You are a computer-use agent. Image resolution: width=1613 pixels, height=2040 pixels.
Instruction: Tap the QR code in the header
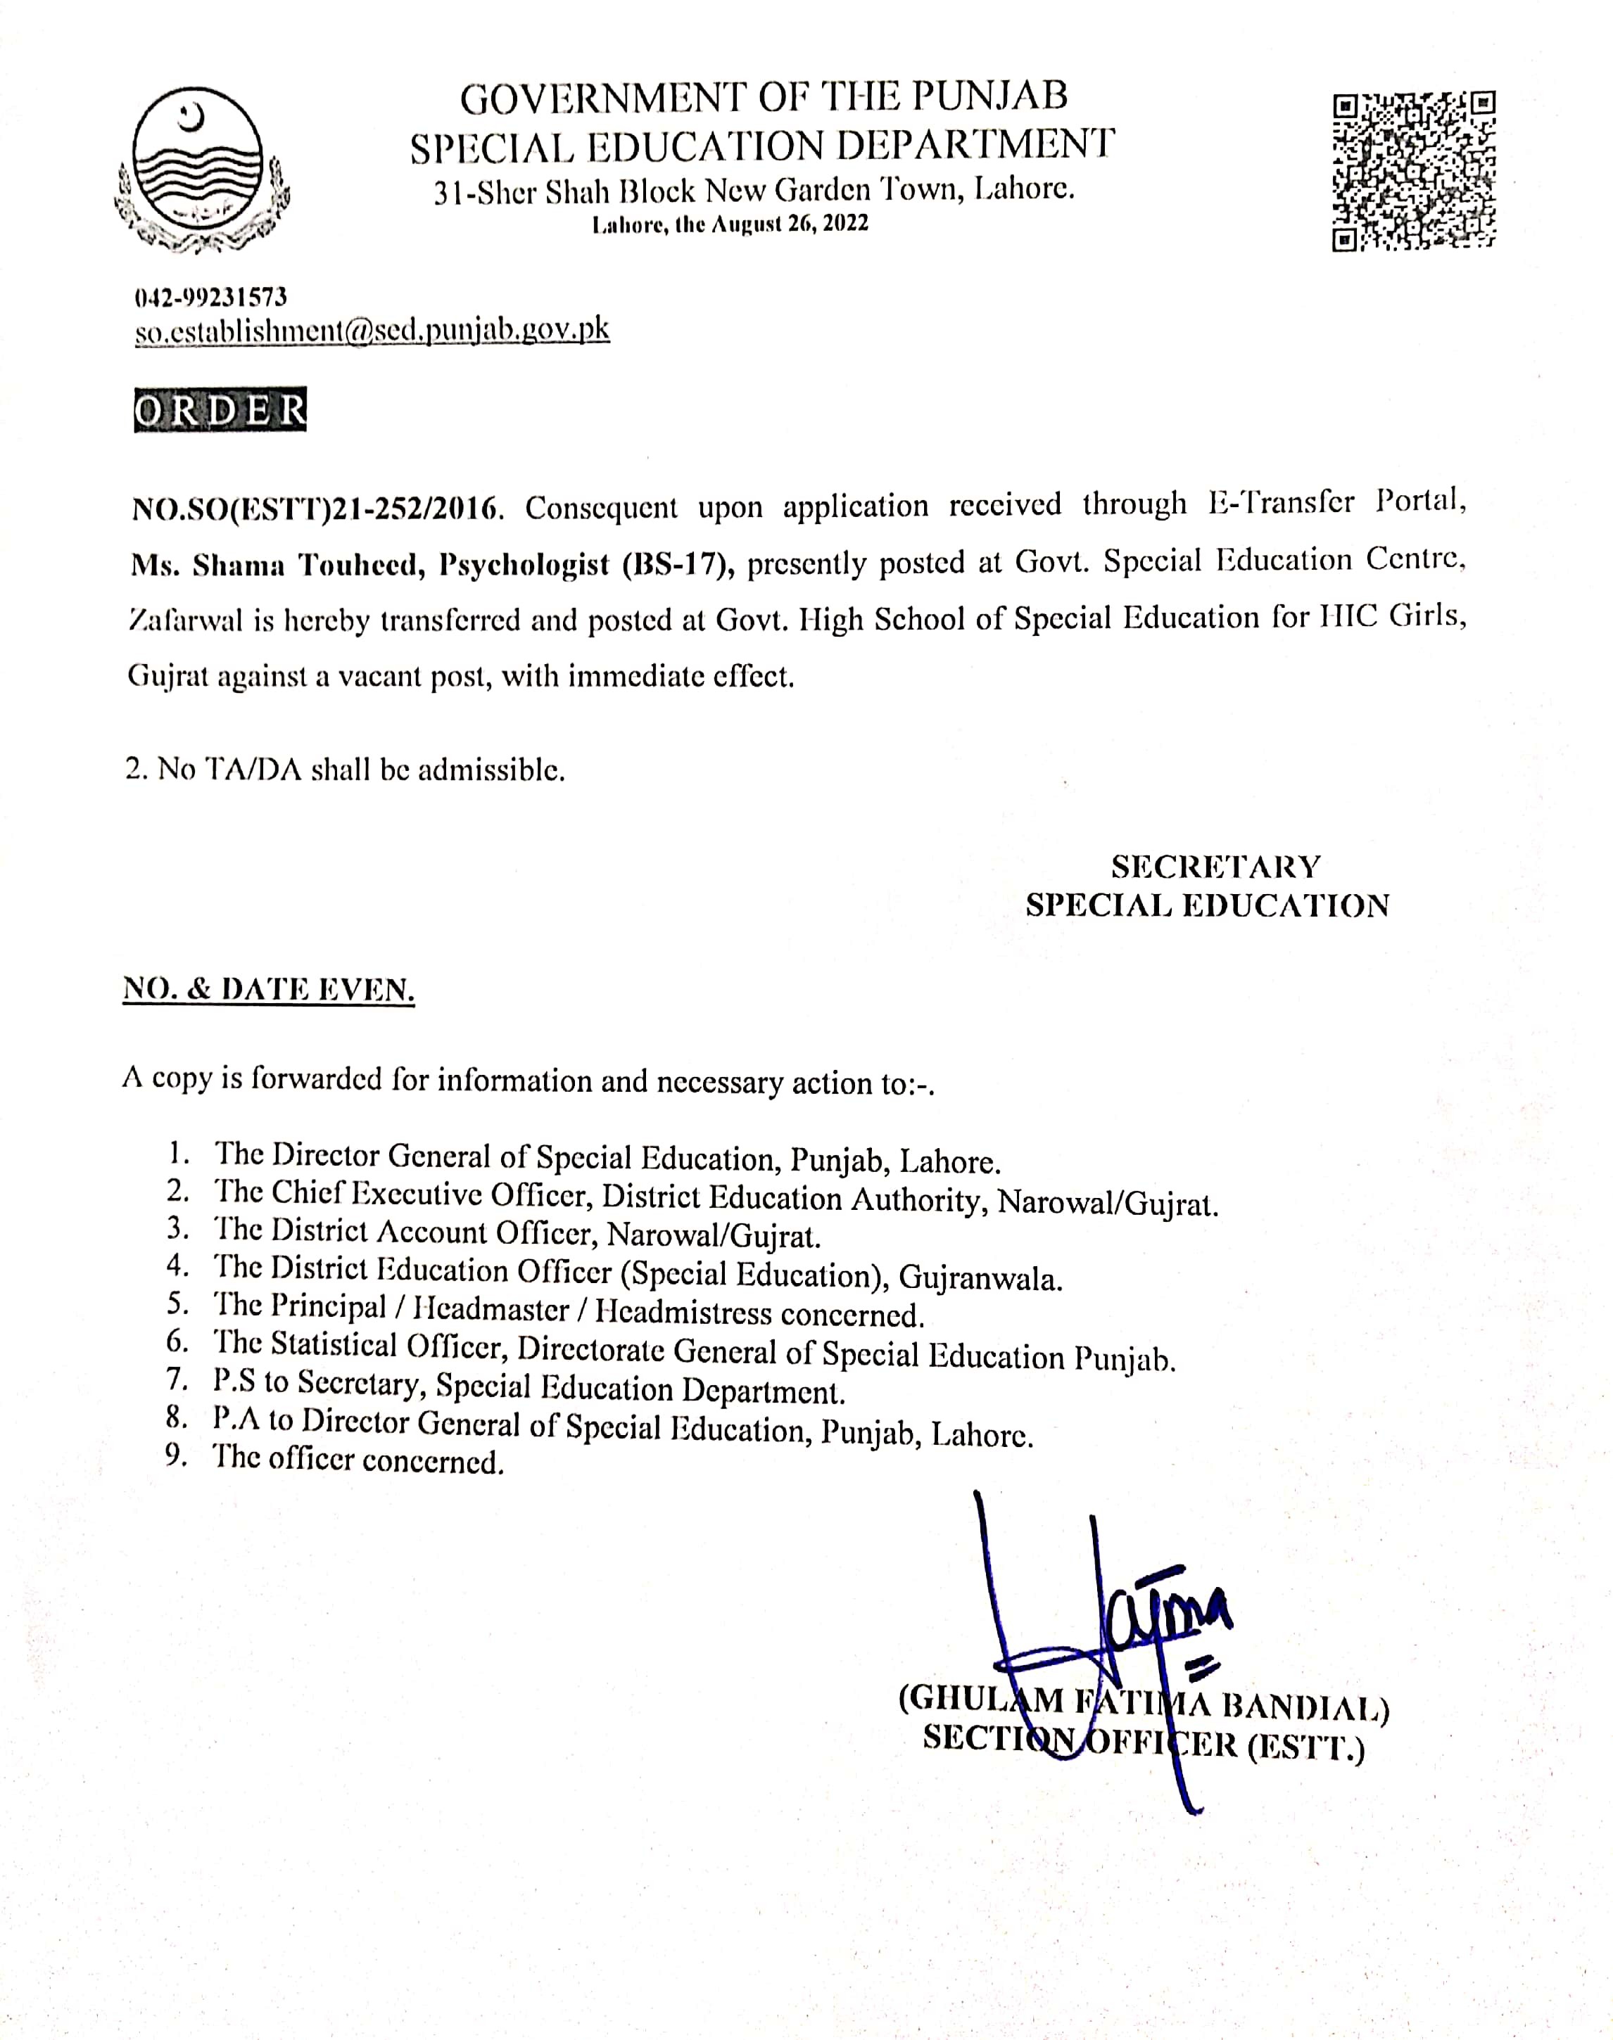pyautogui.click(x=1414, y=171)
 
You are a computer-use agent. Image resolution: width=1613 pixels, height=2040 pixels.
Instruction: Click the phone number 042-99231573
pyautogui.click(x=210, y=298)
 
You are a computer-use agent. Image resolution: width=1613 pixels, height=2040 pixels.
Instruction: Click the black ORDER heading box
pyautogui.click(x=220, y=409)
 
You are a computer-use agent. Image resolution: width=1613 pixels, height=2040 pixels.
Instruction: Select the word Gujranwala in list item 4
pyautogui.click(x=980, y=1278)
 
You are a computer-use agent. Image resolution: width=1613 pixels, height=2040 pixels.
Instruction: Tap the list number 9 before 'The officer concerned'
pyautogui.click(x=176, y=1455)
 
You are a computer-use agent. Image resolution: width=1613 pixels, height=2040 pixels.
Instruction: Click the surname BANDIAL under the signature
pyautogui.click(x=1304, y=1707)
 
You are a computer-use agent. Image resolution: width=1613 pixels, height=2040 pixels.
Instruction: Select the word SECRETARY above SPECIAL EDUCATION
pyautogui.click(x=1215, y=866)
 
